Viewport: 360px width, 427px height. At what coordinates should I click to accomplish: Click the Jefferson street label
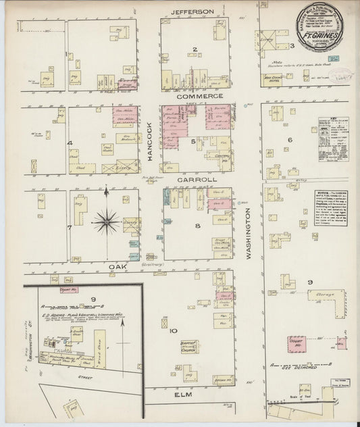[x=192, y=11]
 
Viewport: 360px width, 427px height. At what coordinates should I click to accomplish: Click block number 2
[x=195, y=49]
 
